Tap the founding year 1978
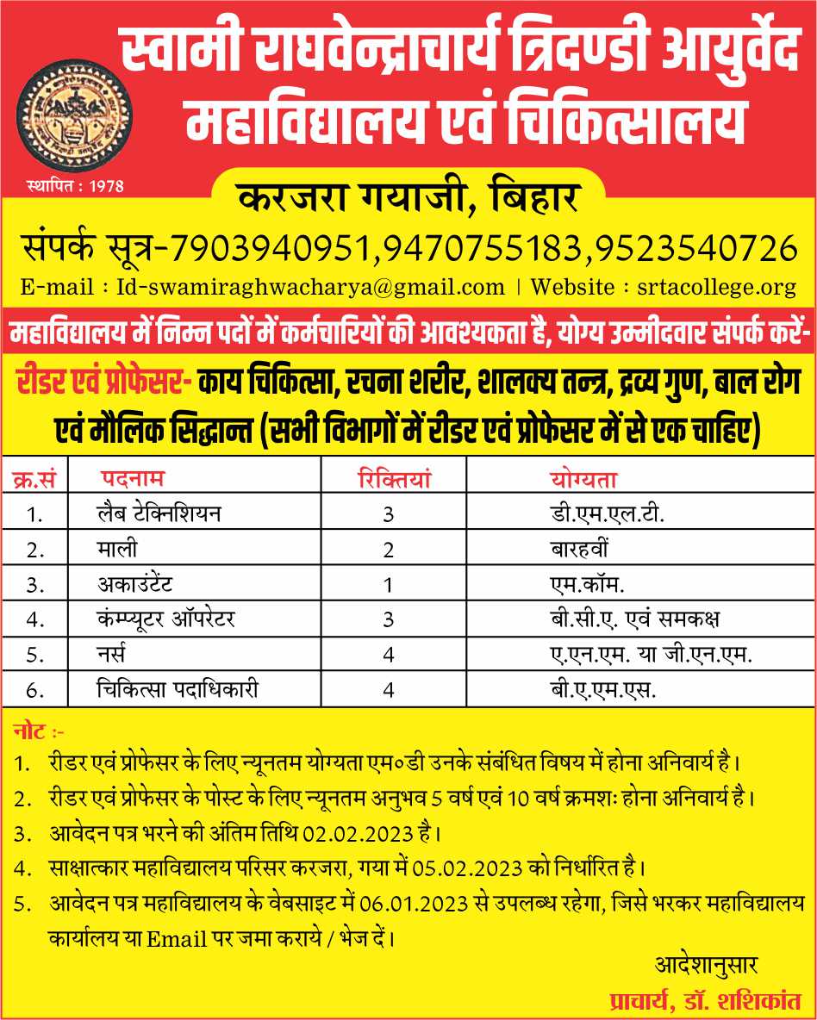point(108,184)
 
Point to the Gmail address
point(310,287)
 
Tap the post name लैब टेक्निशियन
point(159,514)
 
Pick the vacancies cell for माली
point(389,550)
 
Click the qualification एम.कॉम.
point(588,584)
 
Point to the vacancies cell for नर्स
point(389,655)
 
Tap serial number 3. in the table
point(34,585)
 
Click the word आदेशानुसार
point(706,962)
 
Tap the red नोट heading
point(34,732)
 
